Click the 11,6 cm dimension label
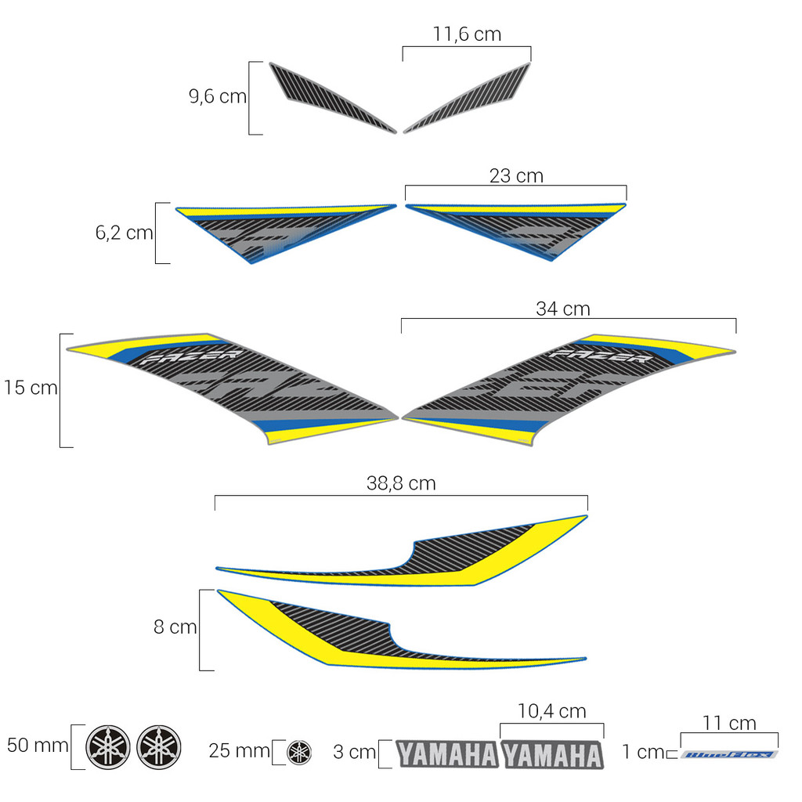(467, 34)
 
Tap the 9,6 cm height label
(218, 97)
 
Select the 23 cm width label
(516, 176)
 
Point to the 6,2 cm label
(124, 233)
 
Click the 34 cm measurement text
(563, 309)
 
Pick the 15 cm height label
(30, 388)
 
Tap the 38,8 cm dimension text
(401, 484)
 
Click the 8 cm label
(175, 627)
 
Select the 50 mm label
(38, 745)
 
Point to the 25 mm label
(239, 751)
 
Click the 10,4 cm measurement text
(551, 711)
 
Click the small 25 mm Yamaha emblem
(298, 752)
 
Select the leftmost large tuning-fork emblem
(108, 747)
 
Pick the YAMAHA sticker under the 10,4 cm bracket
(552, 755)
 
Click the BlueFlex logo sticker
(729, 755)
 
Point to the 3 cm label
(354, 753)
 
